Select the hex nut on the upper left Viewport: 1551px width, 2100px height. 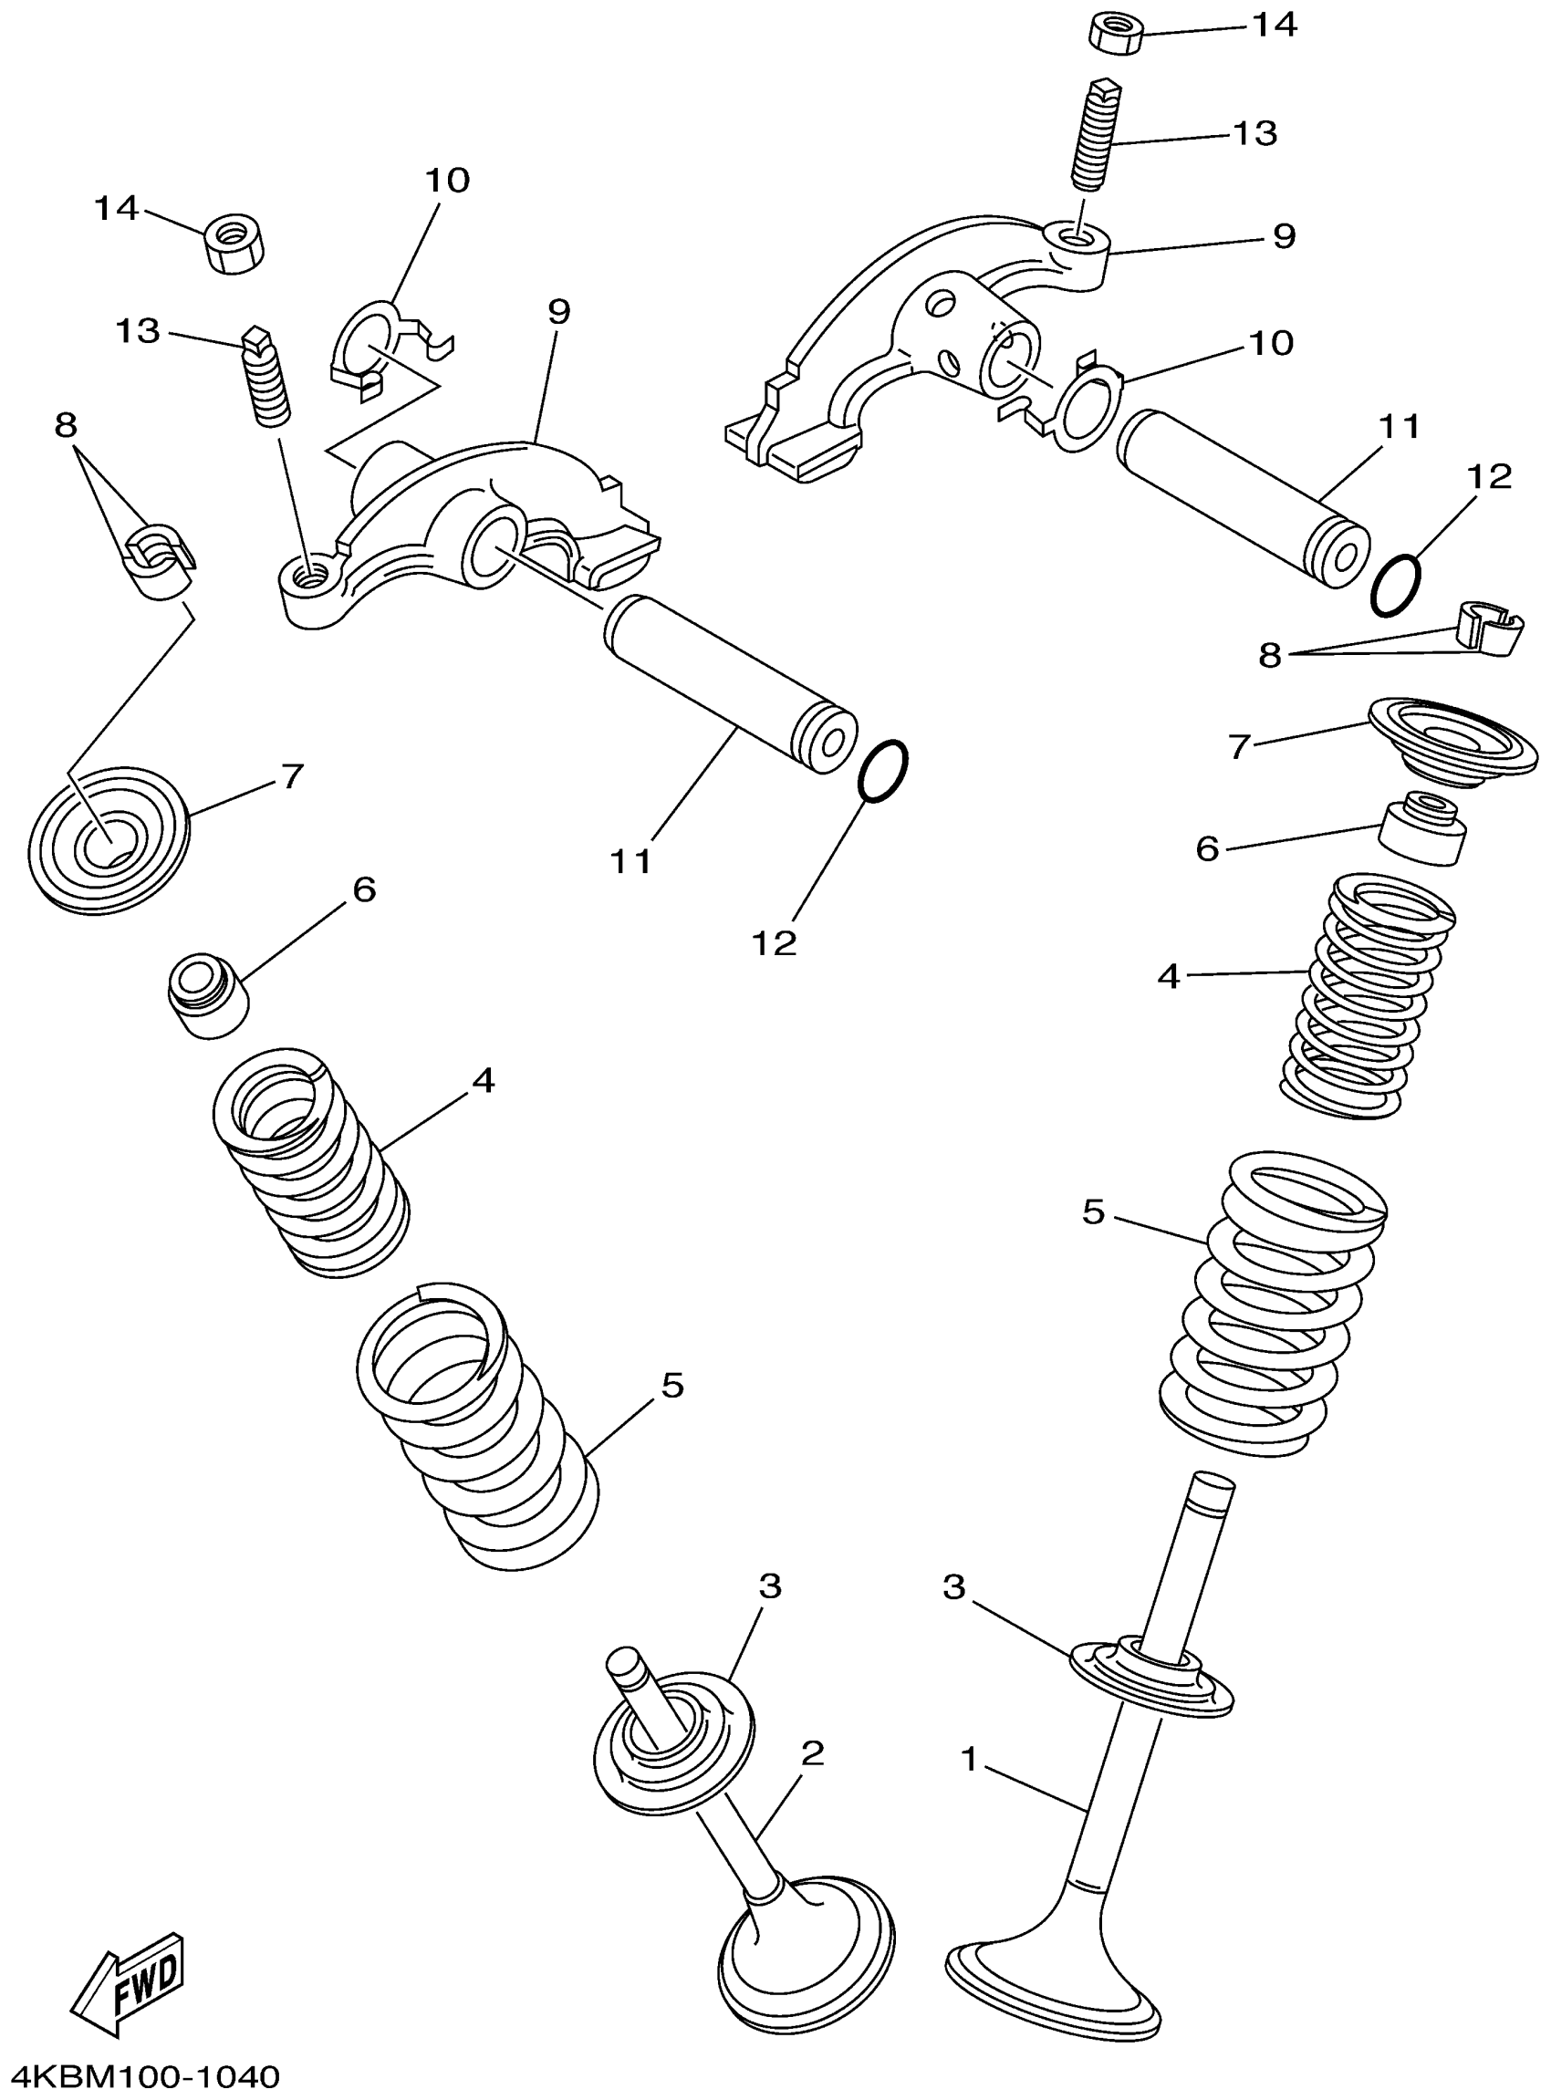pos(232,244)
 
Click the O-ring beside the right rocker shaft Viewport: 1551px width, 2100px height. pos(1395,584)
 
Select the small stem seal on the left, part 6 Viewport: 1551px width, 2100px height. pos(207,995)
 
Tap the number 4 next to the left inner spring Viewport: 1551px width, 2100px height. pos(483,1080)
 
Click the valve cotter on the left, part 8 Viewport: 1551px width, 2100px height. pos(159,560)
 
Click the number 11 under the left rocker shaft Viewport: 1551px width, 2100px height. pos(631,861)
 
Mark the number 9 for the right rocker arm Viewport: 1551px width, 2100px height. pos(1284,234)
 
